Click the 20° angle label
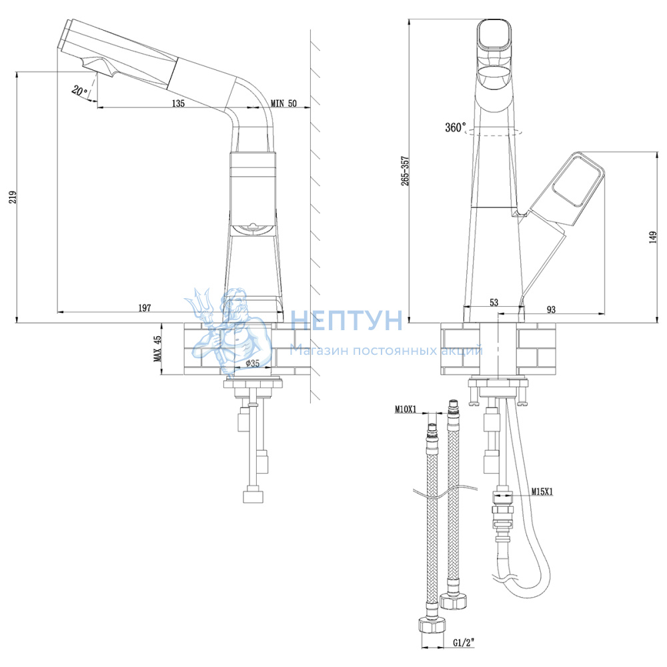(79, 91)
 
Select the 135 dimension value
(178, 103)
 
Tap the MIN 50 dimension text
(283, 103)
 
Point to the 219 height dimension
(13, 197)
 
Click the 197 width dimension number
(145, 307)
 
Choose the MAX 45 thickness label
(157, 349)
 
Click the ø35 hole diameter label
(252, 364)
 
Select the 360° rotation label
(455, 127)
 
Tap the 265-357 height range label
(405, 171)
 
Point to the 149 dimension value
(653, 237)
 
